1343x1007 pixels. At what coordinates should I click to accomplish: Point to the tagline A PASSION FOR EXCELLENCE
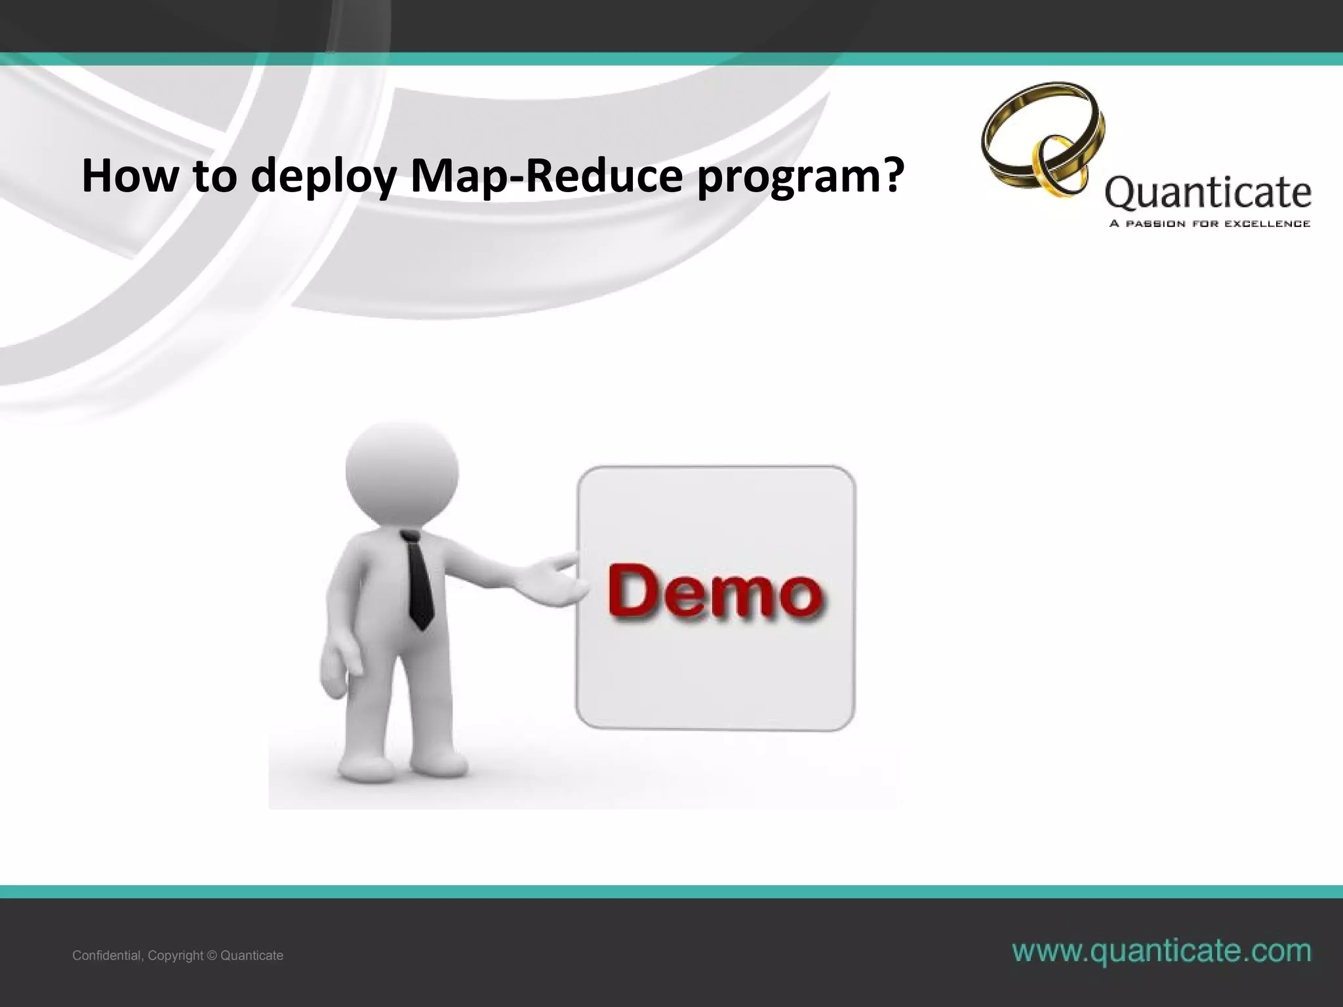pos(1209,224)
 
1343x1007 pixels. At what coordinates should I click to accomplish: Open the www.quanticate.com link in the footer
pos(1161,951)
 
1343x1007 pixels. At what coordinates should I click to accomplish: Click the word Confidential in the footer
pos(107,956)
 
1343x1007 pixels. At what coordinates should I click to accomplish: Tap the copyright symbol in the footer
pos(211,956)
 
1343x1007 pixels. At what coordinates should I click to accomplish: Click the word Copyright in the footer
pos(175,956)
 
